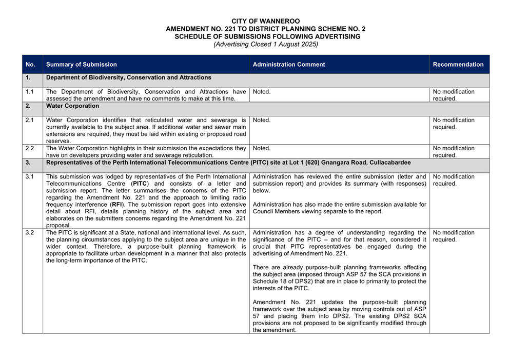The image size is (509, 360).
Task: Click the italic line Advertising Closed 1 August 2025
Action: [x=266, y=44]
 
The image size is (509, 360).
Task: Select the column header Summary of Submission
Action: [x=82, y=65]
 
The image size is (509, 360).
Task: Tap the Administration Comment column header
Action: [x=289, y=65]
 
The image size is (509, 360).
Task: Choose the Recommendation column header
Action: [x=458, y=65]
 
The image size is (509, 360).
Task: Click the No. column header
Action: [x=30, y=65]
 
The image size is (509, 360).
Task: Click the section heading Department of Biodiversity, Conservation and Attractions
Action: [x=128, y=77]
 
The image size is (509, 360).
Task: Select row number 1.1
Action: [x=30, y=92]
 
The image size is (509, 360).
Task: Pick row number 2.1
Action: [x=30, y=121]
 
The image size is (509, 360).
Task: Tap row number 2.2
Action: [x=30, y=149]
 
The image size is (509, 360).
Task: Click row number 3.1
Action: [x=30, y=177]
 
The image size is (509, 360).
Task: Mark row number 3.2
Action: [x=30, y=233]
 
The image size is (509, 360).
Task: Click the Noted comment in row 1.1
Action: [x=262, y=92]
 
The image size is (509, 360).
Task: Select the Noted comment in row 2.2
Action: [x=262, y=149]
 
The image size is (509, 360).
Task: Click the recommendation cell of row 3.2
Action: [x=454, y=236]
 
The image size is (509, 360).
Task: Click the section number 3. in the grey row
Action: [x=28, y=163]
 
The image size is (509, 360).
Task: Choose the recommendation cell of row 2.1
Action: [x=454, y=124]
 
